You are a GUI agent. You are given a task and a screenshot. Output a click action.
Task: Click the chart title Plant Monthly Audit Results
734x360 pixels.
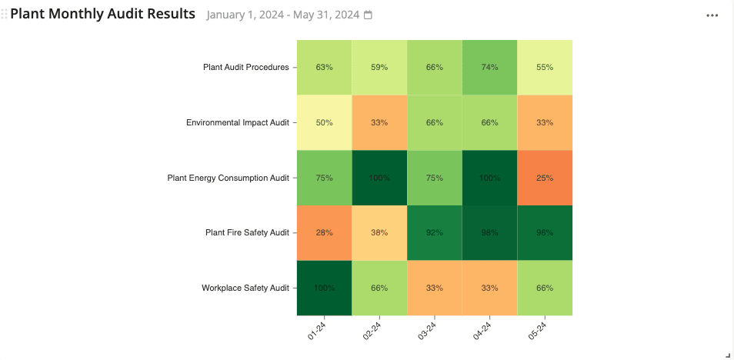point(102,15)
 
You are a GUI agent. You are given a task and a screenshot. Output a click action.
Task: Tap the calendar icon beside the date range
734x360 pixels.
point(368,15)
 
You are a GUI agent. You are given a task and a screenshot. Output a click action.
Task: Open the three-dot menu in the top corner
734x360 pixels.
point(712,15)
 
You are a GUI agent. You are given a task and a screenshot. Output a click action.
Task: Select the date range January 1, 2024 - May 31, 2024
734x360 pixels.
point(283,15)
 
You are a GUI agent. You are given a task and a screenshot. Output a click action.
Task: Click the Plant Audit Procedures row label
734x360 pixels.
point(245,67)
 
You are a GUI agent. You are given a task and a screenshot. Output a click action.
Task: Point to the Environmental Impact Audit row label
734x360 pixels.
point(237,122)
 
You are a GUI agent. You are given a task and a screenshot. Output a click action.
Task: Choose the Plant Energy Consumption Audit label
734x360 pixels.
point(228,178)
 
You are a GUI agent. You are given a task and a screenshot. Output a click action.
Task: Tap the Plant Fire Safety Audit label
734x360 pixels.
point(247,232)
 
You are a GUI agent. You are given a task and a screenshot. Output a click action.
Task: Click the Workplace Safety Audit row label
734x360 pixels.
point(245,288)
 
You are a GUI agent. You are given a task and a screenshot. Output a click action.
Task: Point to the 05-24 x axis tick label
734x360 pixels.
point(538,332)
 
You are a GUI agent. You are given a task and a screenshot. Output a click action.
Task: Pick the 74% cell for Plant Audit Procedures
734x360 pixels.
point(489,67)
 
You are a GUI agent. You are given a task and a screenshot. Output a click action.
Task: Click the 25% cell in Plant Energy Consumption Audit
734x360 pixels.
point(545,178)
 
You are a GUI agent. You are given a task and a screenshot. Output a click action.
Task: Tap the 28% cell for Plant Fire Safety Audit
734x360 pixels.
point(324,232)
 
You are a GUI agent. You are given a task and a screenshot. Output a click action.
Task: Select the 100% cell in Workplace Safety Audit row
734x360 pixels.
point(324,288)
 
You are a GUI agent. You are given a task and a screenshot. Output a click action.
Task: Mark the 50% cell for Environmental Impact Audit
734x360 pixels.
point(324,122)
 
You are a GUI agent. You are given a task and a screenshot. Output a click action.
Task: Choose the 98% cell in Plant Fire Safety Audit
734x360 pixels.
point(489,232)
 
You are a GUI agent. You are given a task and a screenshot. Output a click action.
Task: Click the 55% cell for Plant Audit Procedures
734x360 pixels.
point(545,67)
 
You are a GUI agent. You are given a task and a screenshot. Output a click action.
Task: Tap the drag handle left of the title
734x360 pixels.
point(5,15)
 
